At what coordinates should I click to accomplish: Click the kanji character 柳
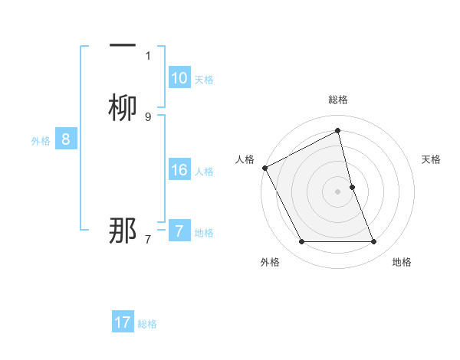coord(123,107)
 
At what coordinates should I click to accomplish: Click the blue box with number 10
coord(179,78)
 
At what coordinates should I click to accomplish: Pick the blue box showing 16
coord(179,170)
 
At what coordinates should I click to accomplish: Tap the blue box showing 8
coord(66,139)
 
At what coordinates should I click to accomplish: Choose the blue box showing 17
coord(123,322)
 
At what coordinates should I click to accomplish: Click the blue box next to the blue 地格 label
coord(179,231)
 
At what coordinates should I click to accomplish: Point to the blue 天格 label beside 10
coord(204,80)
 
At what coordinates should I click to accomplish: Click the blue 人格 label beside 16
coord(204,172)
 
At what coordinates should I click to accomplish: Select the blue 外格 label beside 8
coord(41,141)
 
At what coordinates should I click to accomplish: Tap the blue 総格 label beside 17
coord(147,324)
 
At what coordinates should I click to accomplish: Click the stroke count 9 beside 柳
coord(148,116)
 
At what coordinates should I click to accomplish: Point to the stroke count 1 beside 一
coord(148,55)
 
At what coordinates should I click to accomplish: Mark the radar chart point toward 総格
coord(338,130)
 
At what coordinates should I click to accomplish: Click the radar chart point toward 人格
coord(264,168)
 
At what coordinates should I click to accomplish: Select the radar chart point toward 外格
coord(301,242)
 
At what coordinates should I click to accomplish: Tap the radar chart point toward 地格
coord(374,242)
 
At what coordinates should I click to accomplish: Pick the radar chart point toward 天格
coord(353,187)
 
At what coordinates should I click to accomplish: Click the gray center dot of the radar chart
coord(338,191)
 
